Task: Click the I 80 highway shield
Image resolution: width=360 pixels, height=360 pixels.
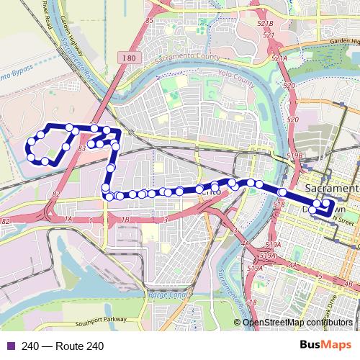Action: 128,57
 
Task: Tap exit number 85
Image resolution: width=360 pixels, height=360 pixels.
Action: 150,21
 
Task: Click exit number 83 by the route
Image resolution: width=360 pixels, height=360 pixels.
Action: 81,148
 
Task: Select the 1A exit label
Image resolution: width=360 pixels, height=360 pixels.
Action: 69,219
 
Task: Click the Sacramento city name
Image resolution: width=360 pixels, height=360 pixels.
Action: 331,188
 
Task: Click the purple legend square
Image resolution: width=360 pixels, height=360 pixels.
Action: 9,346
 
